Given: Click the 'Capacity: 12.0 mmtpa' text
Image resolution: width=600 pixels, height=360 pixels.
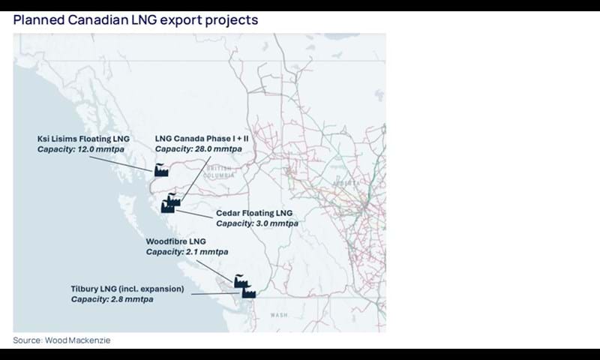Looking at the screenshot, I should click(80, 149).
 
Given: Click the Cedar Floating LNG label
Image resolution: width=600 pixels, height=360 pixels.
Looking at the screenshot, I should click(253, 213).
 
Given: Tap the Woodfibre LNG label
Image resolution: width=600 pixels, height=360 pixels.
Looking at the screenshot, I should click(175, 241).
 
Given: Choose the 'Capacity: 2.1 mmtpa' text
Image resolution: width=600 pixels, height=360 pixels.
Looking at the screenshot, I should click(187, 252).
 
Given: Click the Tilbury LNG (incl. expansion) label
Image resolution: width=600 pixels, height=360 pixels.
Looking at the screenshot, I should click(127, 289).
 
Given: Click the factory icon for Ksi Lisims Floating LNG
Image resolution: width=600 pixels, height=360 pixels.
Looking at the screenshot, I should click(161, 170).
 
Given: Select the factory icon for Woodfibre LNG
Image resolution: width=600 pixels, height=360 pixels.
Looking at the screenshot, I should click(241, 280).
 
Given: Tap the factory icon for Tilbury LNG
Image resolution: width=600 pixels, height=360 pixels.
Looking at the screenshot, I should click(248, 292).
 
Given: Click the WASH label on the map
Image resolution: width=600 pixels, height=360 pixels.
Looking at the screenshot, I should click(279, 315).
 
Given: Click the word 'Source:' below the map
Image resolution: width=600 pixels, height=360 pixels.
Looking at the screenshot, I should click(28, 340).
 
